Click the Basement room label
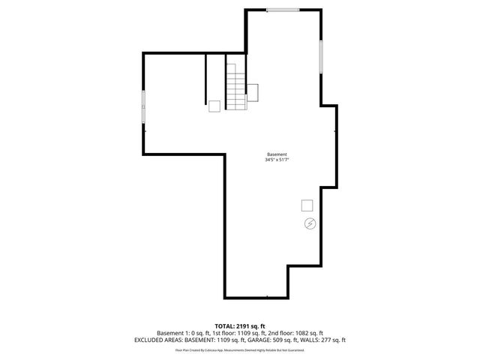pyautogui.click(x=277, y=154)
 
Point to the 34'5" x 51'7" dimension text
pyautogui.click(x=277, y=160)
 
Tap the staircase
pyautogui.click(x=236, y=85)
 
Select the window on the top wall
pyautogui.click(x=283, y=10)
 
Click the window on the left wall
pyautogui.click(x=144, y=106)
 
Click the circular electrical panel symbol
pyautogui.click(x=309, y=223)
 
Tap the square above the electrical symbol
pyautogui.click(x=307, y=205)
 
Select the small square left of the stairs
pyautogui.click(x=214, y=106)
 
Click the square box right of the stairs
pyautogui.click(x=253, y=91)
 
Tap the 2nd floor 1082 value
pyautogui.click(x=307, y=333)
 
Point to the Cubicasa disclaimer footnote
pyautogui.click(x=240, y=349)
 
